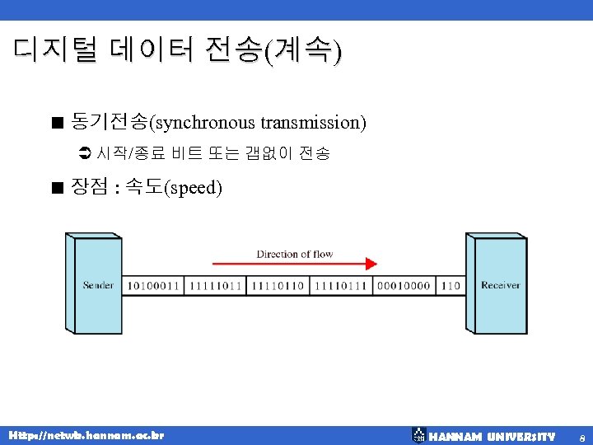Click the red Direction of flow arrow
(294, 264)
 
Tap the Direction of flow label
(294, 253)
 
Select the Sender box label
(98, 285)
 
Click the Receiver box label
(500, 285)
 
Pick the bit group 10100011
(153, 285)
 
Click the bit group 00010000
(404, 285)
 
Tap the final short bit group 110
(451, 285)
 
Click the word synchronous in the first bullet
(205, 123)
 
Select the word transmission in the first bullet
(310, 123)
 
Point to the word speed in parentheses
(193, 188)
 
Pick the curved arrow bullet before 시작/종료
(82, 153)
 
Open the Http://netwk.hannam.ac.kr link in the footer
(86, 434)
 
